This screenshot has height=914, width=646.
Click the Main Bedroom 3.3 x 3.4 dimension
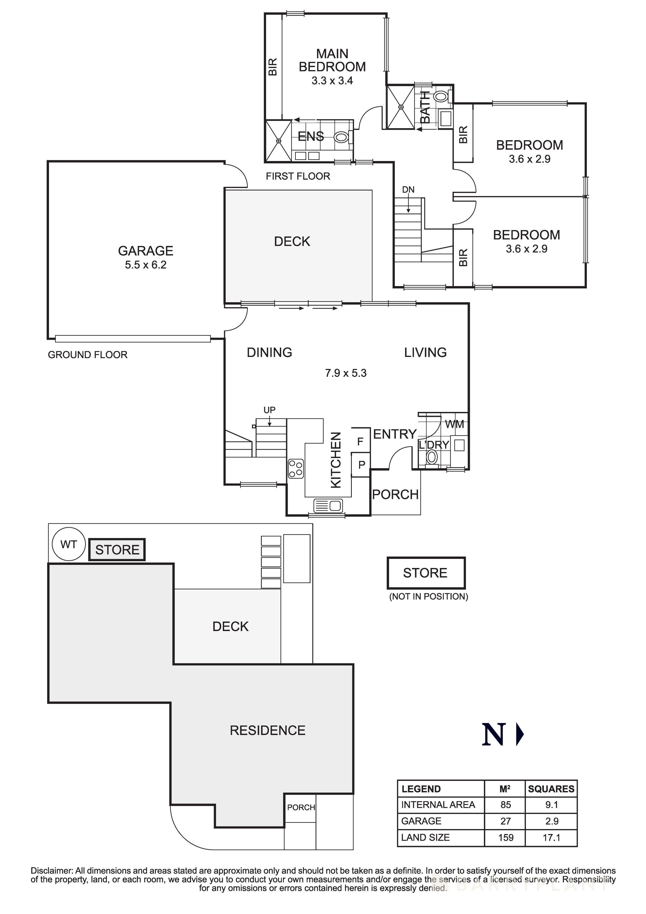pyautogui.click(x=332, y=81)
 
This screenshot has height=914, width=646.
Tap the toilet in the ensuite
pyautogui.click(x=341, y=137)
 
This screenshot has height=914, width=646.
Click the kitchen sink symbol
pyautogui.click(x=328, y=505)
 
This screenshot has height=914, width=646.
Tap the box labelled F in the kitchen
pyautogui.click(x=360, y=441)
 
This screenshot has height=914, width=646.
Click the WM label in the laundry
pyautogui.click(x=454, y=424)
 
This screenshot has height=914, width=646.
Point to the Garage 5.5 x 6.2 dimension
pyautogui.click(x=146, y=265)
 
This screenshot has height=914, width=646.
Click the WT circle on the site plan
pyautogui.click(x=69, y=544)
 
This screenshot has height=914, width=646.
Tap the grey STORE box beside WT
pyautogui.click(x=117, y=550)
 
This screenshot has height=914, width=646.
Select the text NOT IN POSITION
pyautogui.click(x=428, y=596)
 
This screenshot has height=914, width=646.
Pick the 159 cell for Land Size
pyautogui.click(x=506, y=838)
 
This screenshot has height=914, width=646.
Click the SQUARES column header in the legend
pyautogui.click(x=551, y=789)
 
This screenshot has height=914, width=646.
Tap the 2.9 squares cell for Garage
pyautogui.click(x=552, y=821)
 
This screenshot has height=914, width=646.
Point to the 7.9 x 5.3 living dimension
pyautogui.click(x=346, y=373)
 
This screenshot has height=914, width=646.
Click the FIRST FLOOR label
pyautogui.click(x=298, y=176)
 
